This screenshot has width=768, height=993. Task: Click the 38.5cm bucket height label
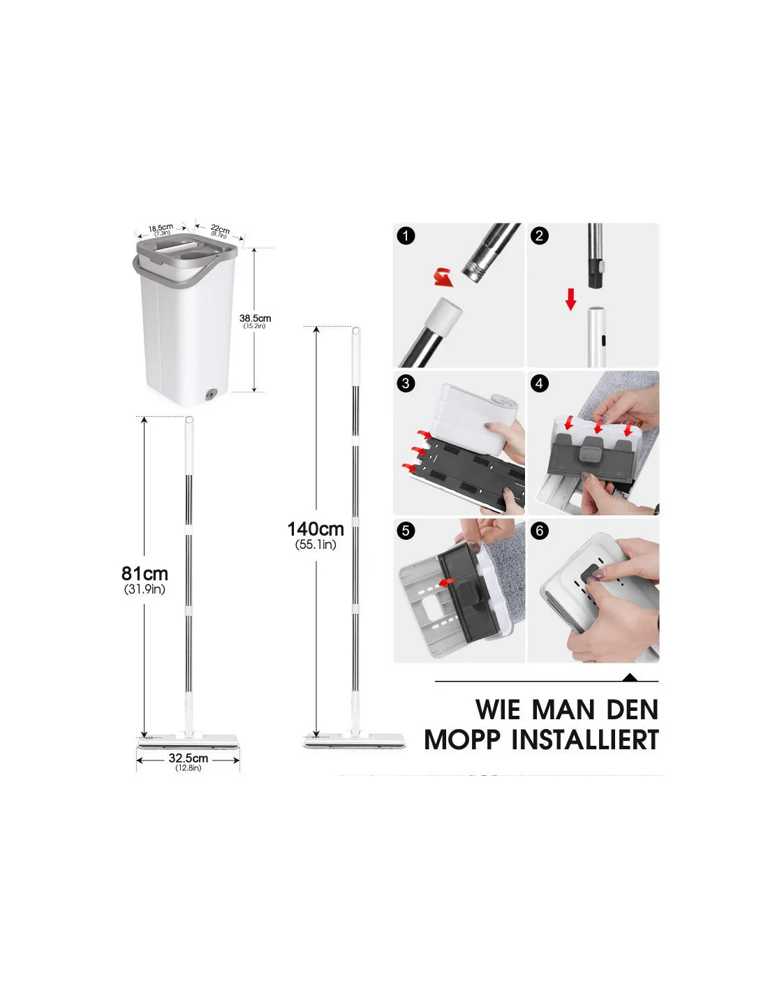click(x=255, y=318)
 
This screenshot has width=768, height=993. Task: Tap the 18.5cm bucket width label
click(x=161, y=227)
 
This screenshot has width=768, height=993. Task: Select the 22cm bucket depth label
click(x=220, y=228)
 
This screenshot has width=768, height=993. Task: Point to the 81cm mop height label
click(x=145, y=573)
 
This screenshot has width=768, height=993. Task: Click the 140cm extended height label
click(x=316, y=529)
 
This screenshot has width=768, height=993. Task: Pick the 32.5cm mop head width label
click(x=189, y=758)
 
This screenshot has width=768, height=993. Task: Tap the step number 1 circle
click(x=406, y=236)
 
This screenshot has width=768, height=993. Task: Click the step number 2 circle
click(x=540, y=236)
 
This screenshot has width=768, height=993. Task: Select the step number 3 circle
click(x=406, y=383)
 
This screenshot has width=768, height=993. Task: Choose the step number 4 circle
click(x=540, y=383)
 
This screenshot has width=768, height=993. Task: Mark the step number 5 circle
click(x=406, y=531)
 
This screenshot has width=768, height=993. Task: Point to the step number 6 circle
click(x=540, y=531)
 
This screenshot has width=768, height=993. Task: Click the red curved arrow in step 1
click(x=443, y=278)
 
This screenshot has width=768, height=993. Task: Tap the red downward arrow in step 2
click(x=570, y=300)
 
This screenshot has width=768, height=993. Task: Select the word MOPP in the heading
click(x=462, y=740)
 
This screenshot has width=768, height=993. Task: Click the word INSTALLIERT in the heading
click(x=585, y=740)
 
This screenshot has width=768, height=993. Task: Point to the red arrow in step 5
click(x=448, y=582)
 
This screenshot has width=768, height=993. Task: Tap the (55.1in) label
click(x=316, y=545)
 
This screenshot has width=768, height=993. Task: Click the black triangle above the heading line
click(x=630, y=677)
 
